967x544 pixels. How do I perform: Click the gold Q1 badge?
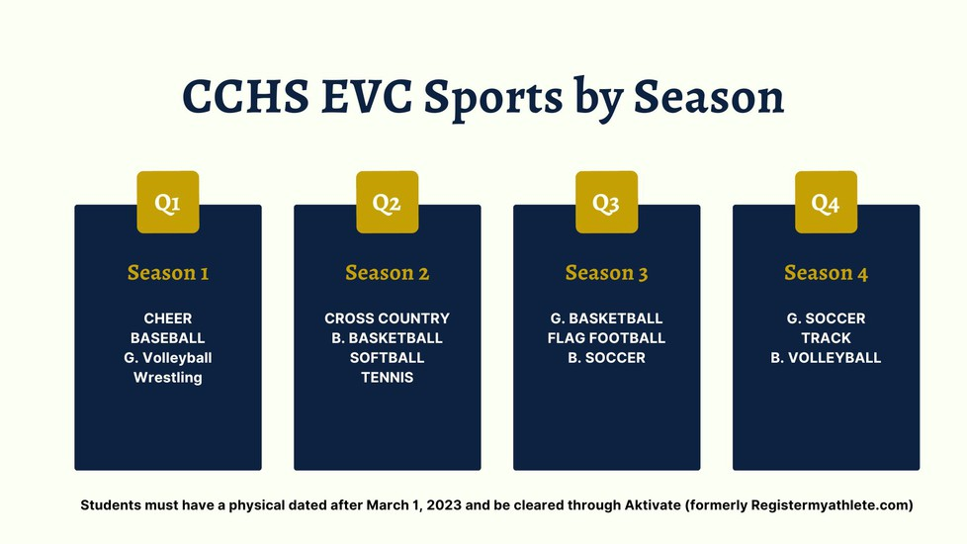click(x=168, y=203)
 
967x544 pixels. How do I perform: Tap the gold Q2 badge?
click(x=388, y=203)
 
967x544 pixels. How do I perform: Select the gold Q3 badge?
click(x=607, y=203)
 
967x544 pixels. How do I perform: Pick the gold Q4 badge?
click(x=826, y=203)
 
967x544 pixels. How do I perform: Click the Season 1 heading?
click(x=168, y=273)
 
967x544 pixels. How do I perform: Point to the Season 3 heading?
click(x=607, y=273)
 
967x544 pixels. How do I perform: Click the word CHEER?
click(x=168, y=318)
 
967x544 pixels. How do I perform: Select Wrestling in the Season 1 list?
click(x=168, y=378)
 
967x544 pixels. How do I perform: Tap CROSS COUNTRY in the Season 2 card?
click(x=388, y=318)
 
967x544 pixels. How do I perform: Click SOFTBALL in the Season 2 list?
click(x=388, y=358)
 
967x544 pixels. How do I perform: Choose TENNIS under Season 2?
click(x=388, y=378)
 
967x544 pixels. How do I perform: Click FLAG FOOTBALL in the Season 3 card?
click(x=607, y=338)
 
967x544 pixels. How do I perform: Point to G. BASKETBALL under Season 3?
click(x=607, y=318)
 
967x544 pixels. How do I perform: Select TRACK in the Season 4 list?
click(x=826, y=338)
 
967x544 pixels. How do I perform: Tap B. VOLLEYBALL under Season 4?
click(x=826, y=358)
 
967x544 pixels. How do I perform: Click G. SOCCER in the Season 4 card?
click(x=826, y=318)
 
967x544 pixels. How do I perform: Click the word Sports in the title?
click(x=493, y=99)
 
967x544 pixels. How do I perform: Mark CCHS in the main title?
click(x=245, y=97)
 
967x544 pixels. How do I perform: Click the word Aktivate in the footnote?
click(x=654, y=505)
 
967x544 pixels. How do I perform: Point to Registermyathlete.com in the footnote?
click(x=830, y=505)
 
